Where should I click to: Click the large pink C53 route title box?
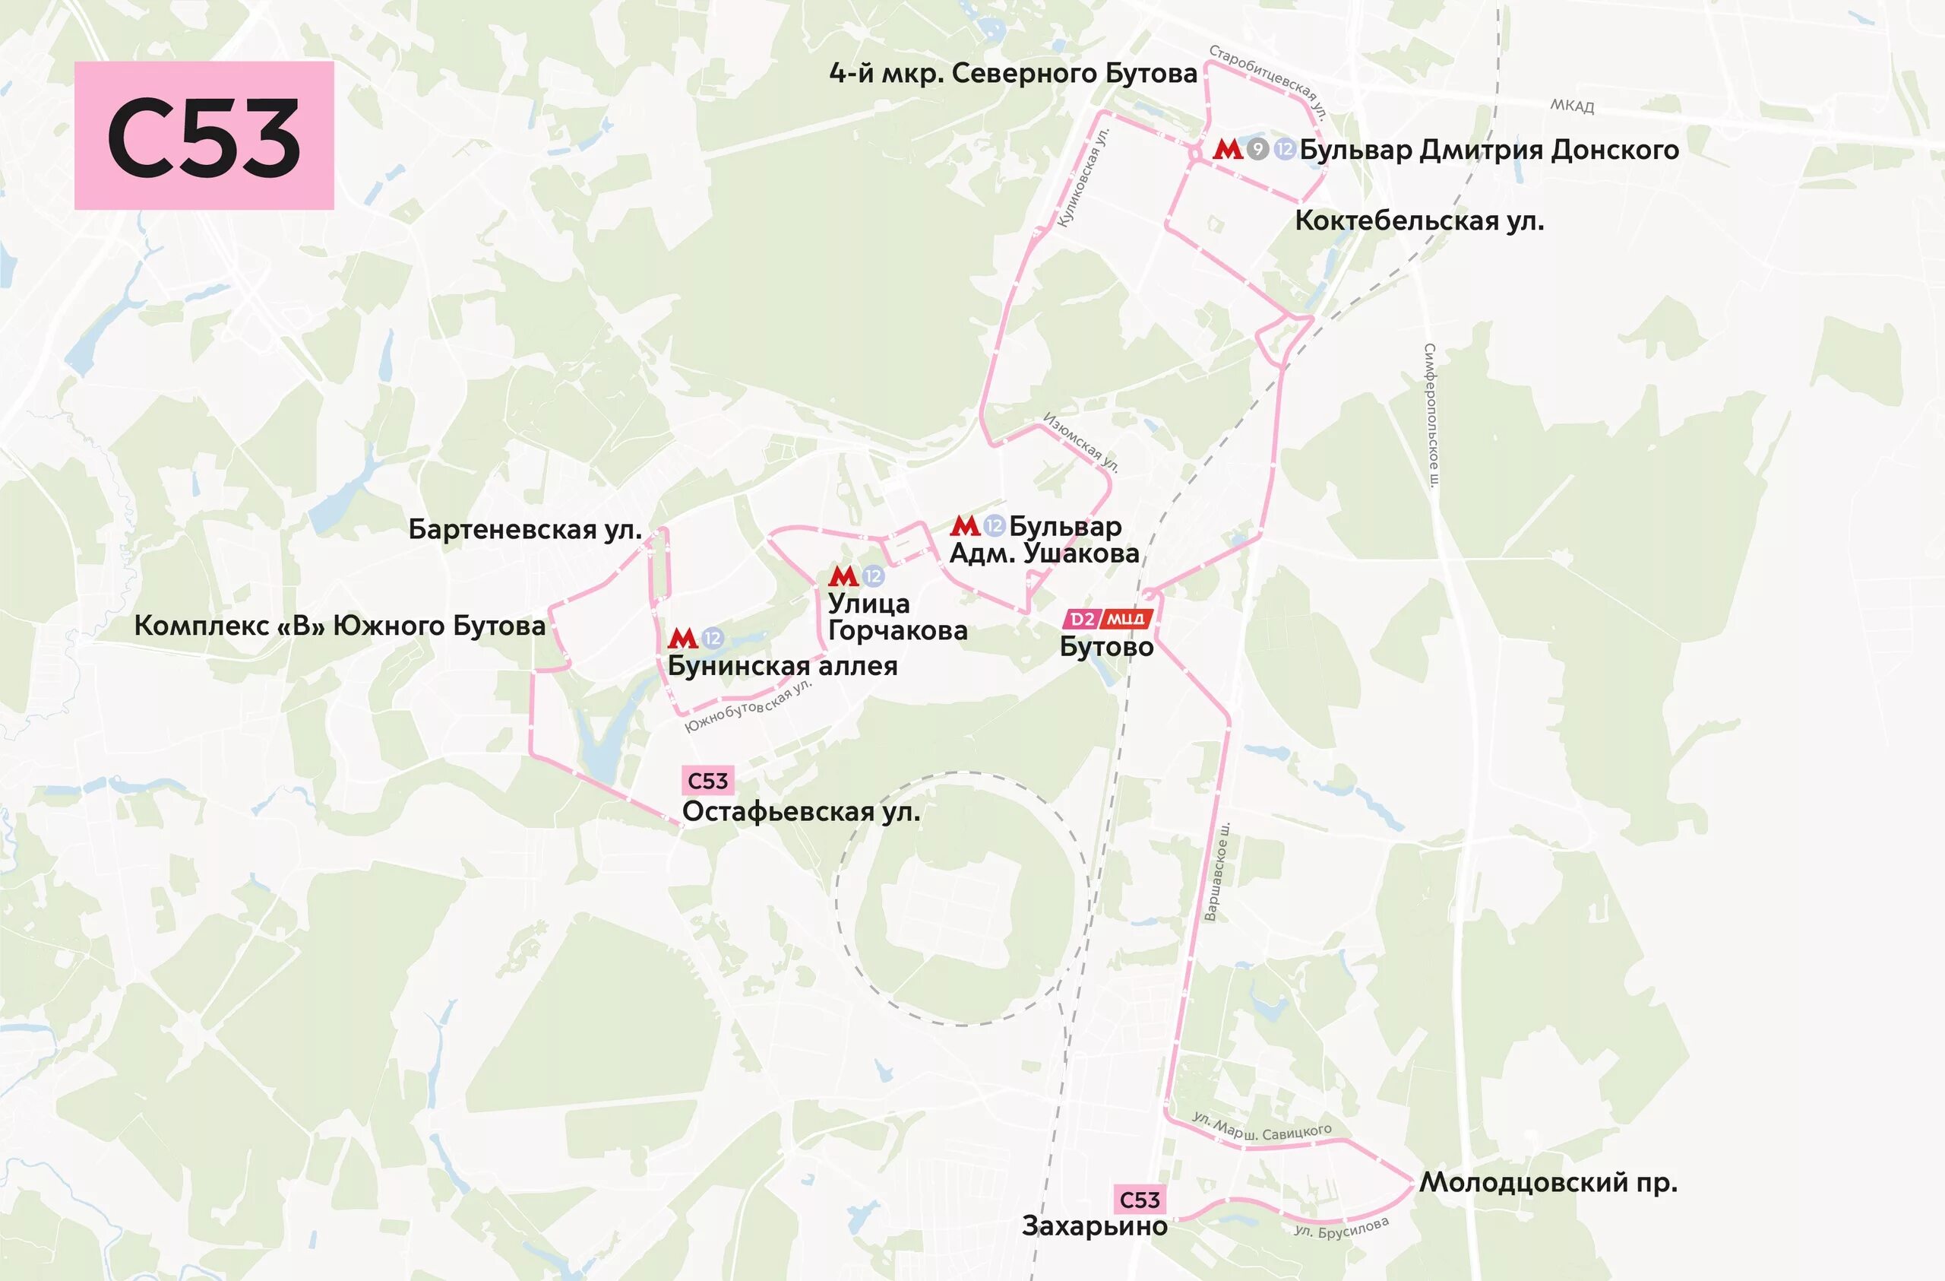[x=204, y=136]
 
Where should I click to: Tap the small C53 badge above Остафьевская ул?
[x=707, y=781]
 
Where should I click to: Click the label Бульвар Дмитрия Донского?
[x=1489, y=150]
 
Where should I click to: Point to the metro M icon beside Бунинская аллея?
[x=682, y=638]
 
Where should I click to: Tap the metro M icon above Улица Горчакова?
[x=843, y=576]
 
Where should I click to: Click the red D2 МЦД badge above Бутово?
[x=1107, y=619]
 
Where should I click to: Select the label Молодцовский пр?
[x=1548, y=1182]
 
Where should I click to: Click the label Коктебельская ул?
[x=1419, y=220]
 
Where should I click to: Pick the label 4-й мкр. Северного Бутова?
[x=1014, y=74]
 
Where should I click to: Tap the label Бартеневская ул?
[x=525, y=530]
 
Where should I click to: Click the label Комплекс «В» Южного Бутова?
[x=340, y=626]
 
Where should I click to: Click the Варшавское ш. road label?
[x=1217, y=871]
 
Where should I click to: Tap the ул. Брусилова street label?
[x=1341, y=1227]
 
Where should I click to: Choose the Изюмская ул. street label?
[x=1080, y=442]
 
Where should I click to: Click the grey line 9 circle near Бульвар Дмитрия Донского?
[x=1257, y=150]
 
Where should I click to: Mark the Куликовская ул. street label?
[x=1083, y=177]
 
